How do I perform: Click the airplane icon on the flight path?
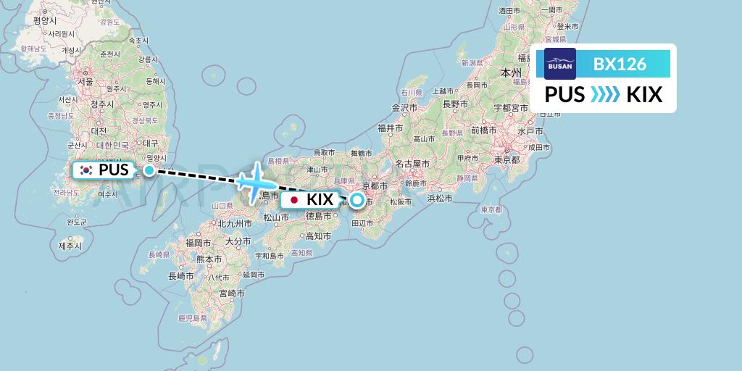[x=252, y=181]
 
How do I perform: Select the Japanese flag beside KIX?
[x=294, y=199]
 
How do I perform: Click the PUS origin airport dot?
[x=149, y=170]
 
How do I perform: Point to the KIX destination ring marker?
[x=357, y=199]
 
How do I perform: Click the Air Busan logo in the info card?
[x=560, y=64]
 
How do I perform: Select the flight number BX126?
[x=620, y=64]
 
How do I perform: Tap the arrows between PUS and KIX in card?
[x=606, y=95]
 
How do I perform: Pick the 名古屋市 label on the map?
[x=418, y=163]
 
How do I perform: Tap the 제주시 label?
[x=71, y=246]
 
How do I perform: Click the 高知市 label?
[x=319, y=236]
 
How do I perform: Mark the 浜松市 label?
[x=440, y=198]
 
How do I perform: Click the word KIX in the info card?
[x=644, y=95]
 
